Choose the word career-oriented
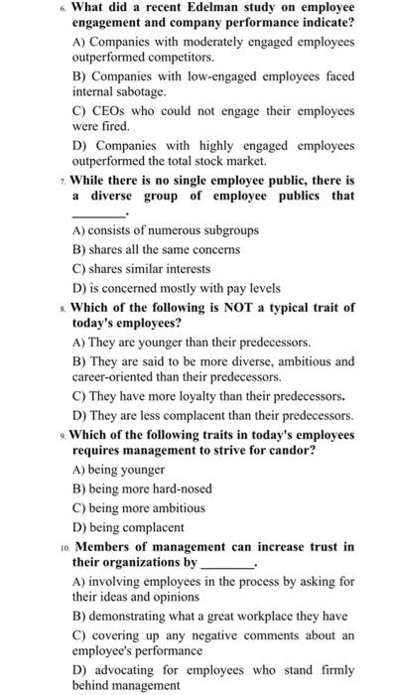118,377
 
